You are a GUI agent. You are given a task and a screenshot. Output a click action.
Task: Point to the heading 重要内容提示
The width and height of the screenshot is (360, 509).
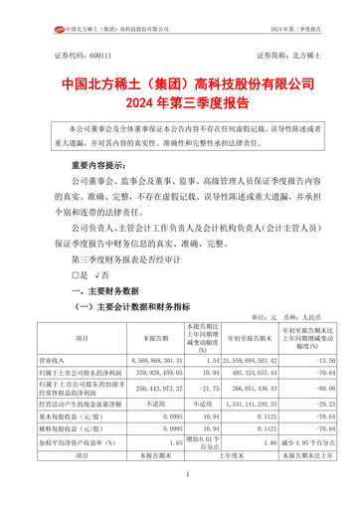[90, 164]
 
